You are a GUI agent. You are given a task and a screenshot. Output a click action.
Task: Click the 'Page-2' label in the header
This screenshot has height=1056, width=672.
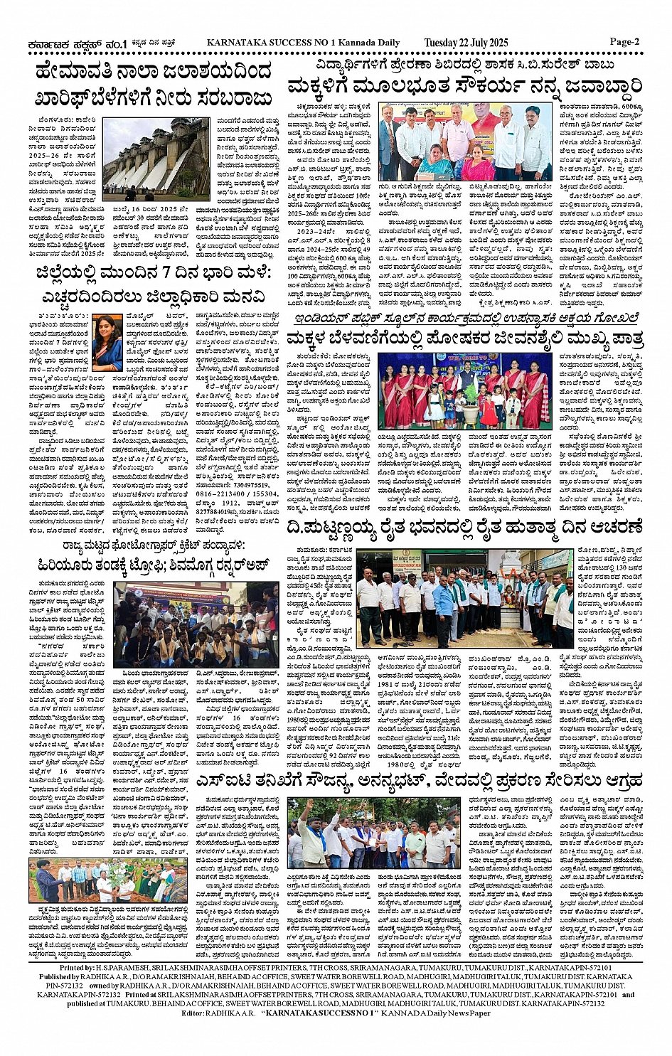(x=625, y=41)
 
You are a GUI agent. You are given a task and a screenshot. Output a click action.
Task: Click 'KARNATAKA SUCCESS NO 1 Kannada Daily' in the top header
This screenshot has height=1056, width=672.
(x=303, y=43)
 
